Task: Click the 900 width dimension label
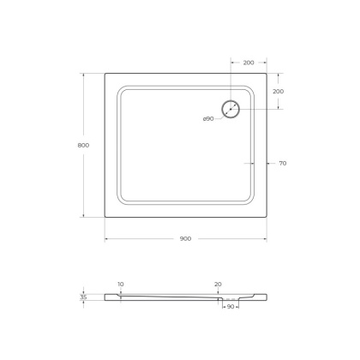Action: click(x=185, y=238)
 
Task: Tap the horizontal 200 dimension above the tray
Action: click(x=248, y=63)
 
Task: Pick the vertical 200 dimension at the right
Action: click(x=277, y=91)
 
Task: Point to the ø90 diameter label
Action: click(x=208, y=118)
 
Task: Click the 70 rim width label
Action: click(x=282, y=163)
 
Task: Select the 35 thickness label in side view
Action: click(x=83, y=297)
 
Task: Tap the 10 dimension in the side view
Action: click(x=121, y=284)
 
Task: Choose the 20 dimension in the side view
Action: click(x=218, y=284)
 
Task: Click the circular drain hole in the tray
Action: click(x=231, y=109)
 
